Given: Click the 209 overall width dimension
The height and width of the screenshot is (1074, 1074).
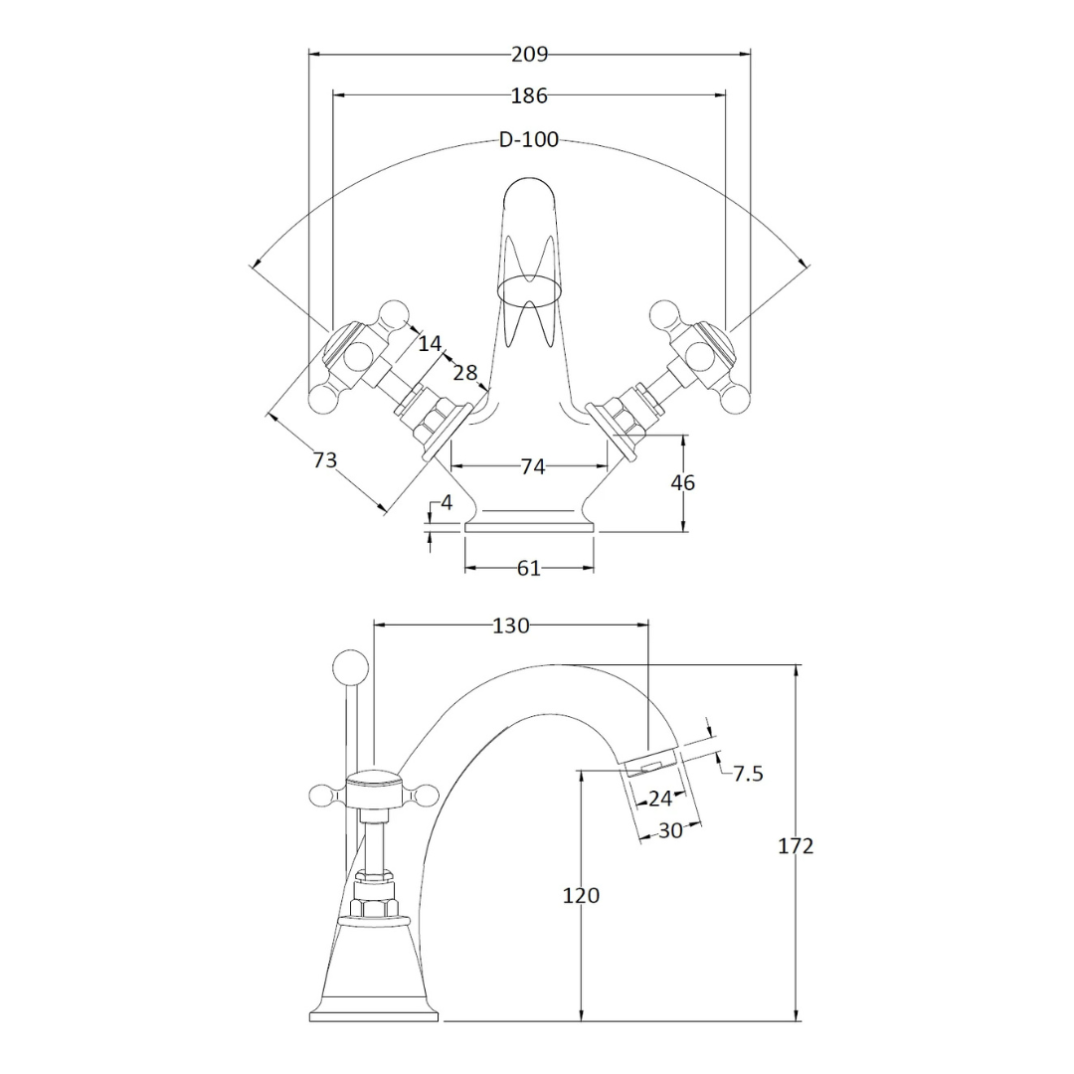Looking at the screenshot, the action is [x=529, y=54].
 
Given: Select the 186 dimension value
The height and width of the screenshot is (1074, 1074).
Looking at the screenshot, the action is [x=529, y=95].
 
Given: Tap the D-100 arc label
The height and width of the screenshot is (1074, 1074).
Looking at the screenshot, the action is [x=529, y=140].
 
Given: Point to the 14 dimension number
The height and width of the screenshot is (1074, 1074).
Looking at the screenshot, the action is [x=431, y=343].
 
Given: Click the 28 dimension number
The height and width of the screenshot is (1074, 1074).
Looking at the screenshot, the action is [x=465, y=373].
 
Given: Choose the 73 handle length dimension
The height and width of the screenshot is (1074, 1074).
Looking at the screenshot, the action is [x=325, y=459].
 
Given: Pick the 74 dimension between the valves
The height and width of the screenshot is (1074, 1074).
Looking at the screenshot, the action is [x=533, y=466].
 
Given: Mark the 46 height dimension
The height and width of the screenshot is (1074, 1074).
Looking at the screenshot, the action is [x=682, y=483].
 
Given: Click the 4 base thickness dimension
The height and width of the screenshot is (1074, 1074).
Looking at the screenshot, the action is [x=447, y=503].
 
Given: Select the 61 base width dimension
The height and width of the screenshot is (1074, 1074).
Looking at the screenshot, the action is [x=529, y=568].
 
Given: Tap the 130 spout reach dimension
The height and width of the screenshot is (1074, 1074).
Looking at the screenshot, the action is [x=511, y=626].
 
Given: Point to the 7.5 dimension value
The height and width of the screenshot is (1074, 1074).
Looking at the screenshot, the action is [x=748, y=774].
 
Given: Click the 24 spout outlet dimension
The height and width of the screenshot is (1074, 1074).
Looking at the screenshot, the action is [x=659, y=798].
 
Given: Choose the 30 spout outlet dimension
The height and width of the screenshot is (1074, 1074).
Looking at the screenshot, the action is [x=670, y=830].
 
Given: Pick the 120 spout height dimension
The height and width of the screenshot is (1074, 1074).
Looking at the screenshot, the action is [x=581, y=895].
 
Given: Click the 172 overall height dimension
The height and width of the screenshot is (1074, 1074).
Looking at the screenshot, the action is [x=796, y=846].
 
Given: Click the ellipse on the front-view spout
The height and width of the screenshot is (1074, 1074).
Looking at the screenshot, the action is [x=529, y=290].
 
